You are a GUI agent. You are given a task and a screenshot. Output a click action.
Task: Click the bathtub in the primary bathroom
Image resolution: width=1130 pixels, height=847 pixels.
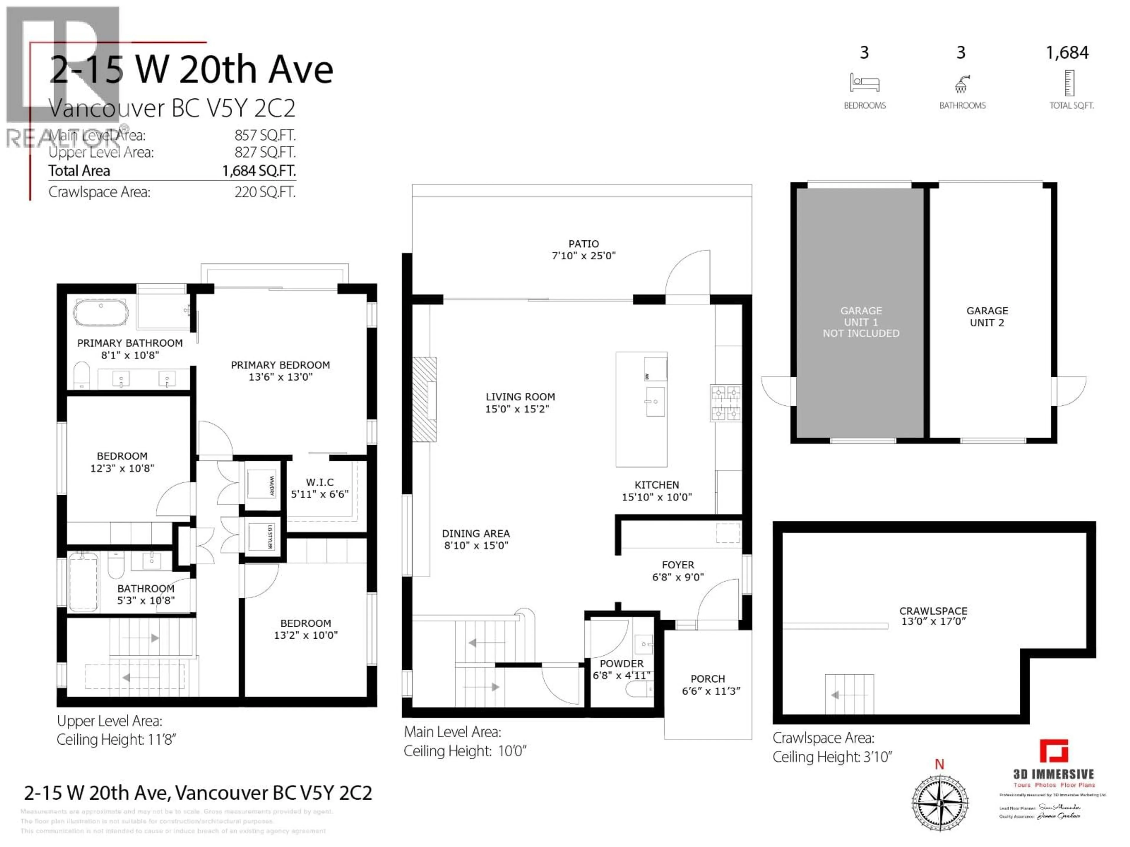pos(101,312)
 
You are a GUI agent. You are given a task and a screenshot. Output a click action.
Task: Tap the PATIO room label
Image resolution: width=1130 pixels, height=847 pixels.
pos(583,244)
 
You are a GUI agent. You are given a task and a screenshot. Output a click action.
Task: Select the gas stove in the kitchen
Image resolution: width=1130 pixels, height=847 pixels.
pos(725,403)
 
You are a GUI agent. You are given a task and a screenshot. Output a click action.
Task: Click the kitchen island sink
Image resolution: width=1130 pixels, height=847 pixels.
pos(654,402)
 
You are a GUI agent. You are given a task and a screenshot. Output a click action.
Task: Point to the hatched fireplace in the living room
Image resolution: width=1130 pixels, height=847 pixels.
pos(424,399)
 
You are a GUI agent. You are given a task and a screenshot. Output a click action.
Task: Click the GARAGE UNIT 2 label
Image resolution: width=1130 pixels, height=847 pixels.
pos(987,316)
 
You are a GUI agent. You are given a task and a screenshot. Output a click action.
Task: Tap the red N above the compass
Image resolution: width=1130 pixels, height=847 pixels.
pos(939,764)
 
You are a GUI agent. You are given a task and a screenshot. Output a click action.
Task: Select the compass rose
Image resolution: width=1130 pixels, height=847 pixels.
pos(940,803)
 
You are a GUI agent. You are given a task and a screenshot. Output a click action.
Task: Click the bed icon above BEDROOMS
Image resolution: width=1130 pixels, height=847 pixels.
pos(864,83)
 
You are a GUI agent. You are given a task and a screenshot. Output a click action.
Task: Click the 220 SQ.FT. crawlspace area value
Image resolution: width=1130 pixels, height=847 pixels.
pos(265,192)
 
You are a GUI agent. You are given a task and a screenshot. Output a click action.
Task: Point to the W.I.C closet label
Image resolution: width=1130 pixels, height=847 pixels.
pos(320,482)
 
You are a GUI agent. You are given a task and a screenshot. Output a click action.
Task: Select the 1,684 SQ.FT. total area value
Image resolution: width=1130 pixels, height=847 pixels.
pos(258,171)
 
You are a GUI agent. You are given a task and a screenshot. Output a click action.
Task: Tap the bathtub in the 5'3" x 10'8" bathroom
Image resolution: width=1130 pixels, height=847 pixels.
pos(83,581)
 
